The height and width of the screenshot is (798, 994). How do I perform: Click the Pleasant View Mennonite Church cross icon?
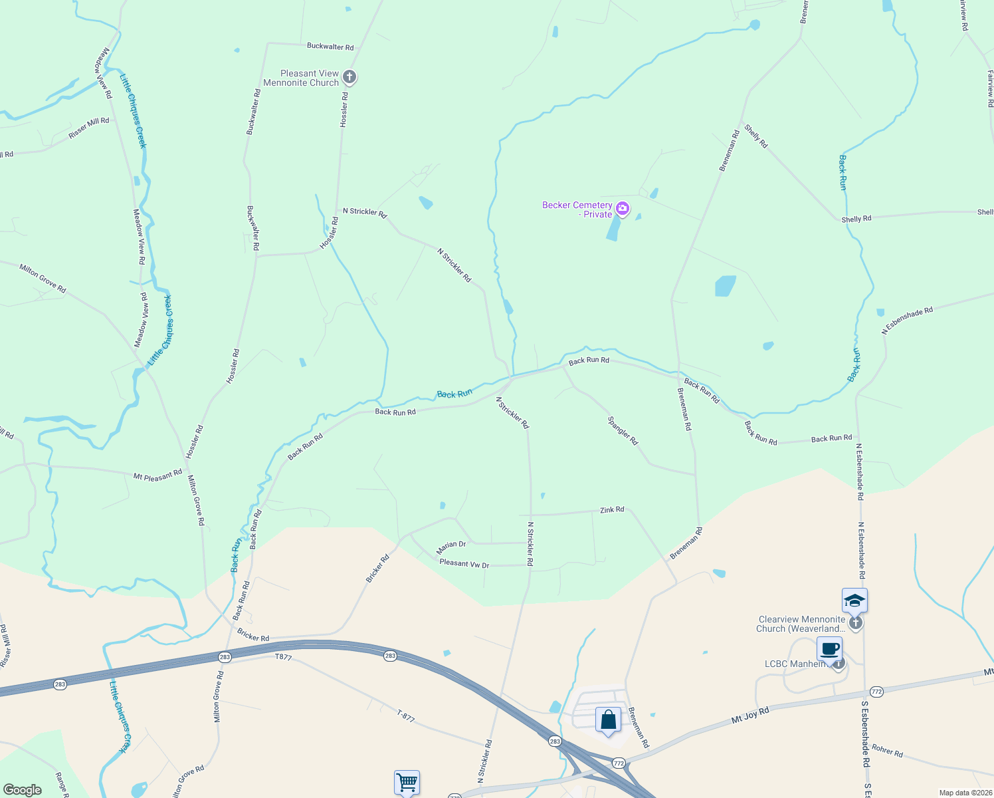tap(349, 78)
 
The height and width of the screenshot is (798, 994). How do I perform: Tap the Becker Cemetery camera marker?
tap(623, 209)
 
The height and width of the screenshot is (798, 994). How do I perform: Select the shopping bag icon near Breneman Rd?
tap(608, 720)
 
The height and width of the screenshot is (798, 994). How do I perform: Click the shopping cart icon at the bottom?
tap(407, 781)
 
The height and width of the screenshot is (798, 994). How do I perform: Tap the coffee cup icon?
tap(829, 648)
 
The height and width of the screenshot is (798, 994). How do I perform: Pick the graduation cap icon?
tap(854, 601)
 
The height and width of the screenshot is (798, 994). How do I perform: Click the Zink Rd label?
tap(612, 509)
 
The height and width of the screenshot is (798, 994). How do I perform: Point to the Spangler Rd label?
tap(623, 431)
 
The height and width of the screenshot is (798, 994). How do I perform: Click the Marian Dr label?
tap(451, 547)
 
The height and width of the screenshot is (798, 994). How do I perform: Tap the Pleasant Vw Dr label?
tap(464, 564)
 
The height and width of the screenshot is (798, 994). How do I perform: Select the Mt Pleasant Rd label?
tap(157, 475)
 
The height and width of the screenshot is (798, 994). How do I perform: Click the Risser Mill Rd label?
tap(88, 128)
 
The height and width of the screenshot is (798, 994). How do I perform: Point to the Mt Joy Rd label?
tap(750, 715)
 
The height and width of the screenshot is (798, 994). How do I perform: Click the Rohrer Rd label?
tap(887, 751)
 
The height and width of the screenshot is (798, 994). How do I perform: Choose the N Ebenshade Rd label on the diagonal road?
tap(908, 320)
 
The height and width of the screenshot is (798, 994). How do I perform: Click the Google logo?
tap(23, 790)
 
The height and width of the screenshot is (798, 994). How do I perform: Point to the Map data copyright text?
tap(965, 793)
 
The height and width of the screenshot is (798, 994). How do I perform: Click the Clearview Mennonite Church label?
tap(801, 624)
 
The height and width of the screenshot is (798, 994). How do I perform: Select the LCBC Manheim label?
tap(795, 664)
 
